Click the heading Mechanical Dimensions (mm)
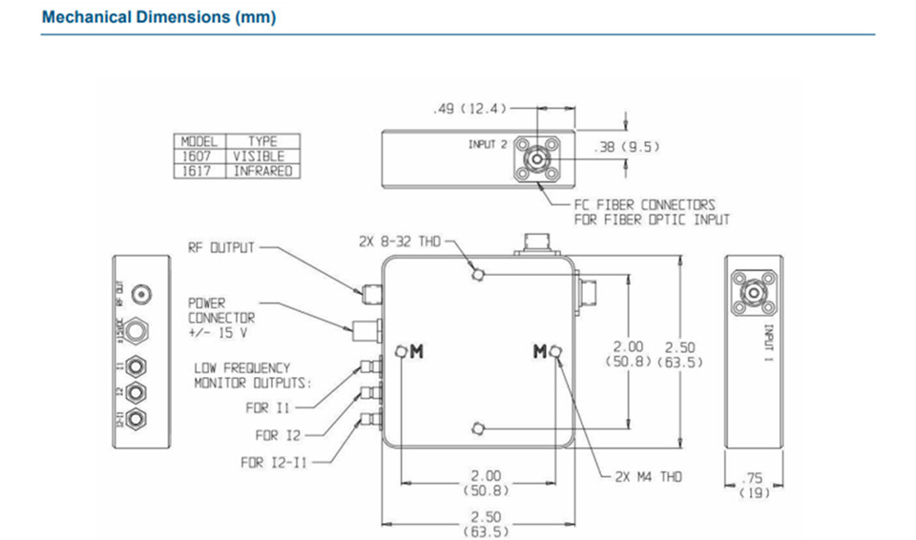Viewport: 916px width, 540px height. click(x=158, y=17)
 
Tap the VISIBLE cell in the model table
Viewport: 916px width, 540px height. click(x=259, y=156)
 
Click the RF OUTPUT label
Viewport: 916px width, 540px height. click(x=221, y=248)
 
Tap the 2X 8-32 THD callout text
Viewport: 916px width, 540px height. click(x=400, y=241)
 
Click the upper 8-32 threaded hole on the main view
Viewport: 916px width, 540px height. click(x=480, y=275)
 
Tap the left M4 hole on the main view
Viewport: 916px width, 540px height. click(x=402, y=350)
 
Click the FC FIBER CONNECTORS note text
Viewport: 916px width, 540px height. click(x=644, y=212)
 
